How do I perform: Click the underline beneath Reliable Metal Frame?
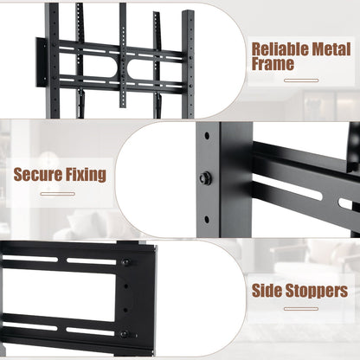301,80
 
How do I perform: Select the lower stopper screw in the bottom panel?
125,333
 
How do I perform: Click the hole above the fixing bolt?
207,137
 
